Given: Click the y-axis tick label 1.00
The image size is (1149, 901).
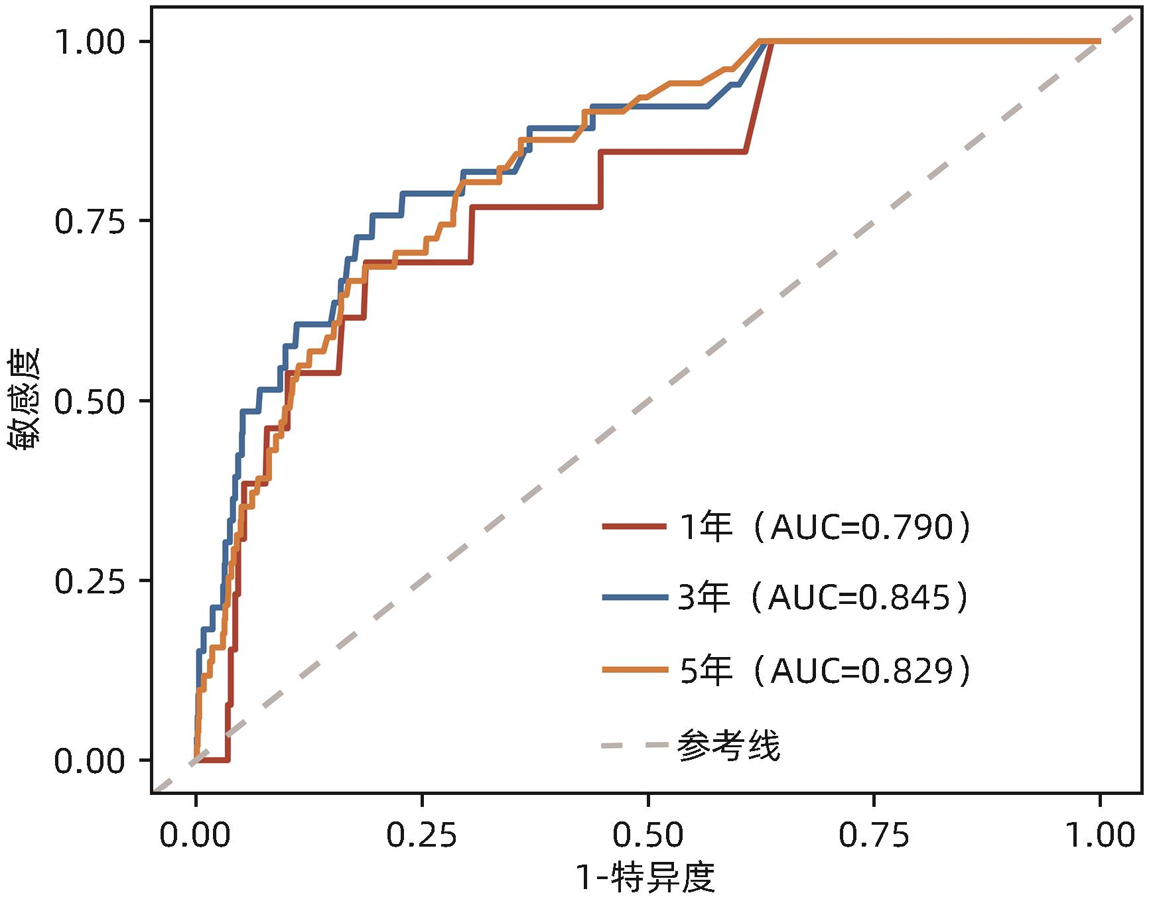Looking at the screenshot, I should [x=90, y=42].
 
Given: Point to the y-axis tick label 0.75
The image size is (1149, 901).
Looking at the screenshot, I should [x=90, y=222].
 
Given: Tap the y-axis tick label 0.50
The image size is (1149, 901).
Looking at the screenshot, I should [x=90, y=402].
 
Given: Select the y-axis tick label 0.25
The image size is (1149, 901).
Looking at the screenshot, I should [x=90, y=581].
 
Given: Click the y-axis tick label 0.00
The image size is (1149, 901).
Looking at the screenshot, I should [x=90, y=761].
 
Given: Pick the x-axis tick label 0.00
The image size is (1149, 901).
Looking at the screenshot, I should [x=195, y=835].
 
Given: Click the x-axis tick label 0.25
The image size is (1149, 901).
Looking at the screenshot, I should [x=422, y=835].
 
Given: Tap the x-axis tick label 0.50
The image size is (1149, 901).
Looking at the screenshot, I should [x=647, y=835].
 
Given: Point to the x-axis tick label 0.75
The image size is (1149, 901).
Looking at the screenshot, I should [x=874, y=835].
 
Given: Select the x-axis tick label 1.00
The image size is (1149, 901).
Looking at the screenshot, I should [x=1100, y=835].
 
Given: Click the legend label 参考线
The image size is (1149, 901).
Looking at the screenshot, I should [x=728, y=745].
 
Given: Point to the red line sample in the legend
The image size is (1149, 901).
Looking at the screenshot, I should [x=634, y=527].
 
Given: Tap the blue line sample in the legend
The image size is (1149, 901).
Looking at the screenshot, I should [x=634, y=597].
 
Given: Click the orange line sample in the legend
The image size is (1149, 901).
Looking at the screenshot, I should [x=634, y=670].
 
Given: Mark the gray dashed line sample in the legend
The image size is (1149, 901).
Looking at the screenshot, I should [x=634, y=746].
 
